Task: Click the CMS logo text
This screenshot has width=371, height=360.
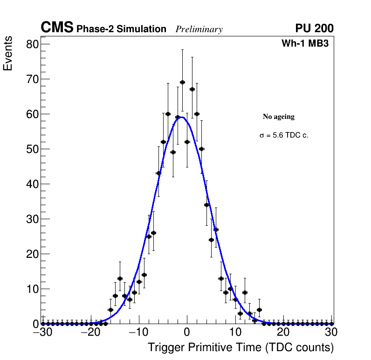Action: point(57,28)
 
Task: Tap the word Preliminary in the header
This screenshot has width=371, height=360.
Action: point(199,29)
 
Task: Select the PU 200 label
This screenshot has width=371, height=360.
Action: point(314,28)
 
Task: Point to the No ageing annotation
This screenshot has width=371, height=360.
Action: point(279,117)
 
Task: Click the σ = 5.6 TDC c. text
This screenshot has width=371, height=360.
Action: point(284,135)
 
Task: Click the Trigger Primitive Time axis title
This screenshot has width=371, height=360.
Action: point(240,347)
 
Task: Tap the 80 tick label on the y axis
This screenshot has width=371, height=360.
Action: point(33,44)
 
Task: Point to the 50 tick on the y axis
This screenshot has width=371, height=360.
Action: point(33,149)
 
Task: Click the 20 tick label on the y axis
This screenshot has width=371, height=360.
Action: point(33,254)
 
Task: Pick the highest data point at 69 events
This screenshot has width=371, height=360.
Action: point(182,83)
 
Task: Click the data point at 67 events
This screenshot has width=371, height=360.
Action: point(192,89)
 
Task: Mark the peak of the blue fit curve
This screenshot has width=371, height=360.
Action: point(181,117)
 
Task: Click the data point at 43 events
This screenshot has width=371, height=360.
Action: point(158,173)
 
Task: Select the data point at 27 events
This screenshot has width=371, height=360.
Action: point(216,229)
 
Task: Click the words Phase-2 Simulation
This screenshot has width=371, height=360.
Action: point(121,29)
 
